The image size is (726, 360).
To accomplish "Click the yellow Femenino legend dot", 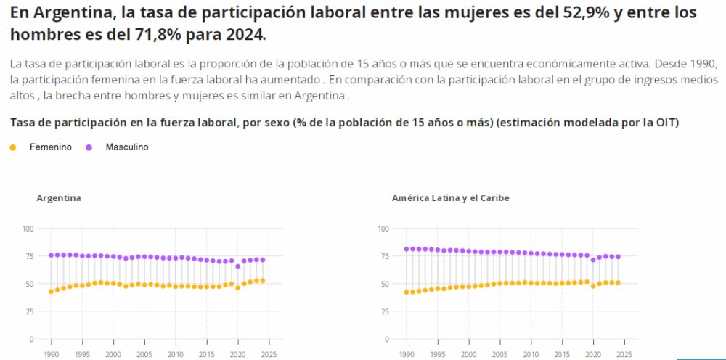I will point(12,147).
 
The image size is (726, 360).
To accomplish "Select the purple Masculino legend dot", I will point(89,147).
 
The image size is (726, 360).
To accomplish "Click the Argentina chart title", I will point(59,198).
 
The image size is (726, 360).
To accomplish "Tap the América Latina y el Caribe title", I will point(450,198).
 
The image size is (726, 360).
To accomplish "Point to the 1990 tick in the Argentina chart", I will point(51,354).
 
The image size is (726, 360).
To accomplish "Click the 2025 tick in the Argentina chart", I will point(269,354).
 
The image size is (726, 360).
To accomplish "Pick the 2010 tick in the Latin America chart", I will point(531,354).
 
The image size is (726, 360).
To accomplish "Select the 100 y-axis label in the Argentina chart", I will point(28,229).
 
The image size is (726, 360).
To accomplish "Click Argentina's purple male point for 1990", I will point(51,255).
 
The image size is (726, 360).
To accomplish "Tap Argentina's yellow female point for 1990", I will point(51,292).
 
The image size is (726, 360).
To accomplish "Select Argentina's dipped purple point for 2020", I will point(237,266).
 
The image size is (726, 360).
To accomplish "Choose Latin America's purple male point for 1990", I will point(407,249).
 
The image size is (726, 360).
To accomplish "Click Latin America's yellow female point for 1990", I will point(407,292).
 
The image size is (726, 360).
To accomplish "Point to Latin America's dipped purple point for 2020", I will point(593,260).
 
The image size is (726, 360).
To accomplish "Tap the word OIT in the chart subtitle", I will point(665,123).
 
